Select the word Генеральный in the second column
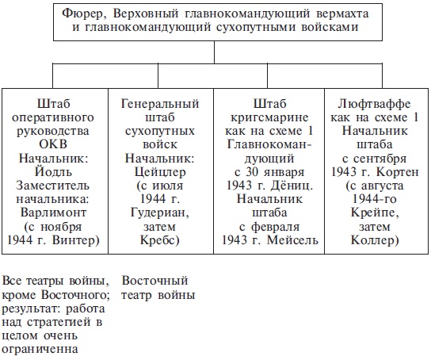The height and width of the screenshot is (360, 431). (x=160, y=103)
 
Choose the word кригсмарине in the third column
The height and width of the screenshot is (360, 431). (x=267, y=117)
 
